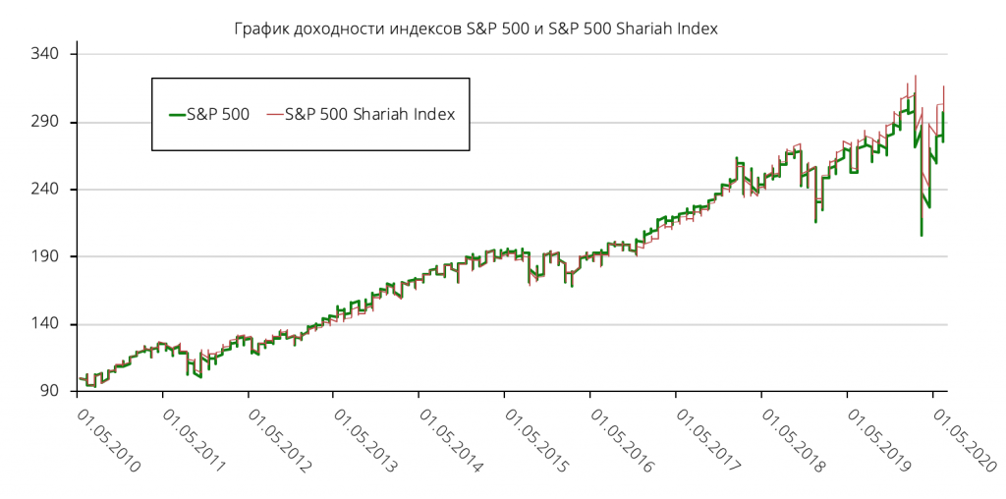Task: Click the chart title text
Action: pyautogui.click(x=476, y=28)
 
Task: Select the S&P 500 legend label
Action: pyautogui.click(x=217, y=114)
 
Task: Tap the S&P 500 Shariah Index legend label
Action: pyautogui.click(x=369, y=114)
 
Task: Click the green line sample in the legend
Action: pyautogui.click(x=176, y=114)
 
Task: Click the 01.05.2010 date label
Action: pyautogui.click(x=108, y=441)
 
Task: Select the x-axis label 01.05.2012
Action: pyautogui.click(x=279, y=441)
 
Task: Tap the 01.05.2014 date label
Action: pyautogui.click(x=450, y=441)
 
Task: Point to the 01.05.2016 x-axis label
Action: pyautogui.click(x=621, y=441)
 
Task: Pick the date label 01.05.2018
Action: pyautogui.click(x=792, y=441)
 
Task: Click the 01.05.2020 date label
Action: pyautogui.click(x=963, y=441)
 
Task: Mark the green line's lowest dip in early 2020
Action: pyautogui.click(x=922, y=235)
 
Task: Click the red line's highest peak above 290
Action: pyautogui.click(x=916, y=76)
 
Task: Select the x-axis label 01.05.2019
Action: pyautogui.click(x=877, y=441)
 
